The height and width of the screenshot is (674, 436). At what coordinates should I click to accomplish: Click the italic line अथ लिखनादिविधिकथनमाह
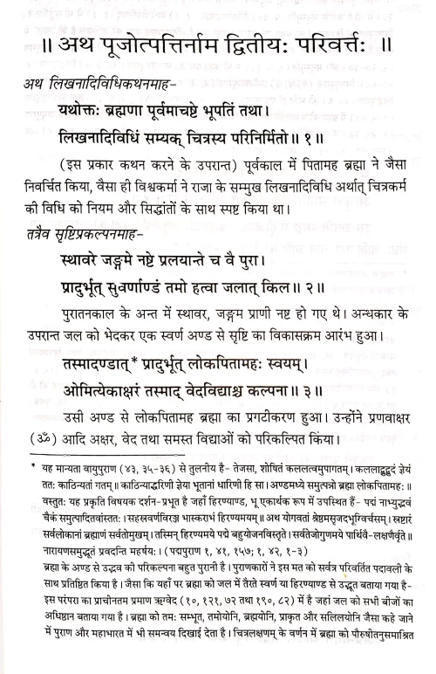click(x=104, y=83)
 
